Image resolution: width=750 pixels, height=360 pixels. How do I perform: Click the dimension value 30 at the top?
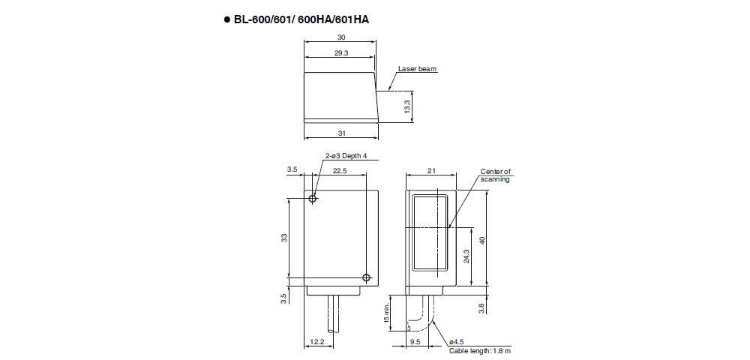(x=341, y=37)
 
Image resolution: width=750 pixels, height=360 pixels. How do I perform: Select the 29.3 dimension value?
(x=341, y=53)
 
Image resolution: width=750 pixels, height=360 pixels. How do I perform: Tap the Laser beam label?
(x=417, y=69)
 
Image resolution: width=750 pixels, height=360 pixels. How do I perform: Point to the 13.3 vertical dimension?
(x=406, y=106)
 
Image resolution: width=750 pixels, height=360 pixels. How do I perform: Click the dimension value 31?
(x=341, y=133)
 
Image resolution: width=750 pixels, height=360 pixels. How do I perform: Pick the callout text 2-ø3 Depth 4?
(x=346, y=156)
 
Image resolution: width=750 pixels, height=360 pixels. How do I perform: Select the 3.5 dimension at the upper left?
(x=292, y=171)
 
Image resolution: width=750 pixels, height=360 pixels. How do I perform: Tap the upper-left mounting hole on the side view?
(x=313, y=198)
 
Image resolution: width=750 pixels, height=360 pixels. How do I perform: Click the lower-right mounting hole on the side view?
(x=366, y=278)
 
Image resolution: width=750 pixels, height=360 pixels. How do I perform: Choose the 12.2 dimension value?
(x=316, y=342)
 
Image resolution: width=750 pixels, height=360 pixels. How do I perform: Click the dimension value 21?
(x=430, y=171)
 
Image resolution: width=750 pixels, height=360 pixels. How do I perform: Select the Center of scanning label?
(x=495, y=175)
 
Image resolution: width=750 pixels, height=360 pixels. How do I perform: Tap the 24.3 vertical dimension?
(x=466, y=256)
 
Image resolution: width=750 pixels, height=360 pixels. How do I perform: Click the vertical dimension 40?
(x=482, y=239)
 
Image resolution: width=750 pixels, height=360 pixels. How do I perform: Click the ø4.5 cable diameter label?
(x=456, y=342)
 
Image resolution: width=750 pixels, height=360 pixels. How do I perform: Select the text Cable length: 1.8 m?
(x=480, y=351)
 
